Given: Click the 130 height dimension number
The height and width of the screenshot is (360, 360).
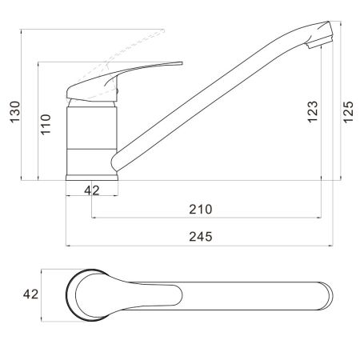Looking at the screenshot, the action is click(x=15, y=112).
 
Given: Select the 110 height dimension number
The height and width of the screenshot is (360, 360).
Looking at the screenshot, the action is click(x=46, y=124).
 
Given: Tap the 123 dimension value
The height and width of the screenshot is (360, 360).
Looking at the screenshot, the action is click(x=313, y=112).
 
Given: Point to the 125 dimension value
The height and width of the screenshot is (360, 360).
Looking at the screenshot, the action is click(x=348, y=112).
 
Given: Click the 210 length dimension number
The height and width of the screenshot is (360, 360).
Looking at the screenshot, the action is click(x=201, y=210).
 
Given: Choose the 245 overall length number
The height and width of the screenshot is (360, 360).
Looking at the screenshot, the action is click(x=201, y=237).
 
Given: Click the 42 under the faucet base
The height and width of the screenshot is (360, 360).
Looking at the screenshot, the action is click(x=92, y=190).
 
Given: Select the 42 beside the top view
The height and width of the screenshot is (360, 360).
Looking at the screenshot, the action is click(x=30, y=294).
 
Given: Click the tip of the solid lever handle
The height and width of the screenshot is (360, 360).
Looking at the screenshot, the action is click(x=182, y=63).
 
